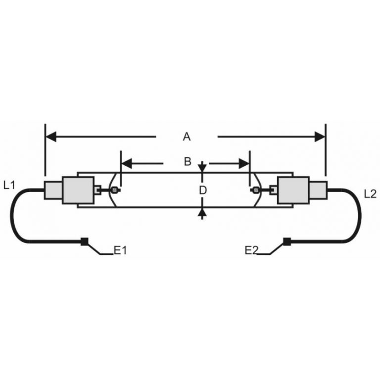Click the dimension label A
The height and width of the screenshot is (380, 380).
(x=187, y=137)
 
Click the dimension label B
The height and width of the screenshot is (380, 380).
(x=187, y=162)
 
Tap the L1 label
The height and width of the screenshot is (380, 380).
(x=9, y=186)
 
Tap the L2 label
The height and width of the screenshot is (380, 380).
(x=370, y=194)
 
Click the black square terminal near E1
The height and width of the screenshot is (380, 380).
(x=85, y=242)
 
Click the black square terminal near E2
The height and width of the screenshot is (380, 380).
(x=286, y=242)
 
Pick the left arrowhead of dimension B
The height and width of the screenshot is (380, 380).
(x=126, y=162)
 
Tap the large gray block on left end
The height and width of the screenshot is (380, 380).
(x=78, y=190)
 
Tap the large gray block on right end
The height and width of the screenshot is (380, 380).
(x=294, y=190)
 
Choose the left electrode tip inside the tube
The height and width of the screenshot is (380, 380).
(x=115, y=190)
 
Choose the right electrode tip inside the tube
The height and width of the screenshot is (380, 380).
(x=256, y=190)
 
